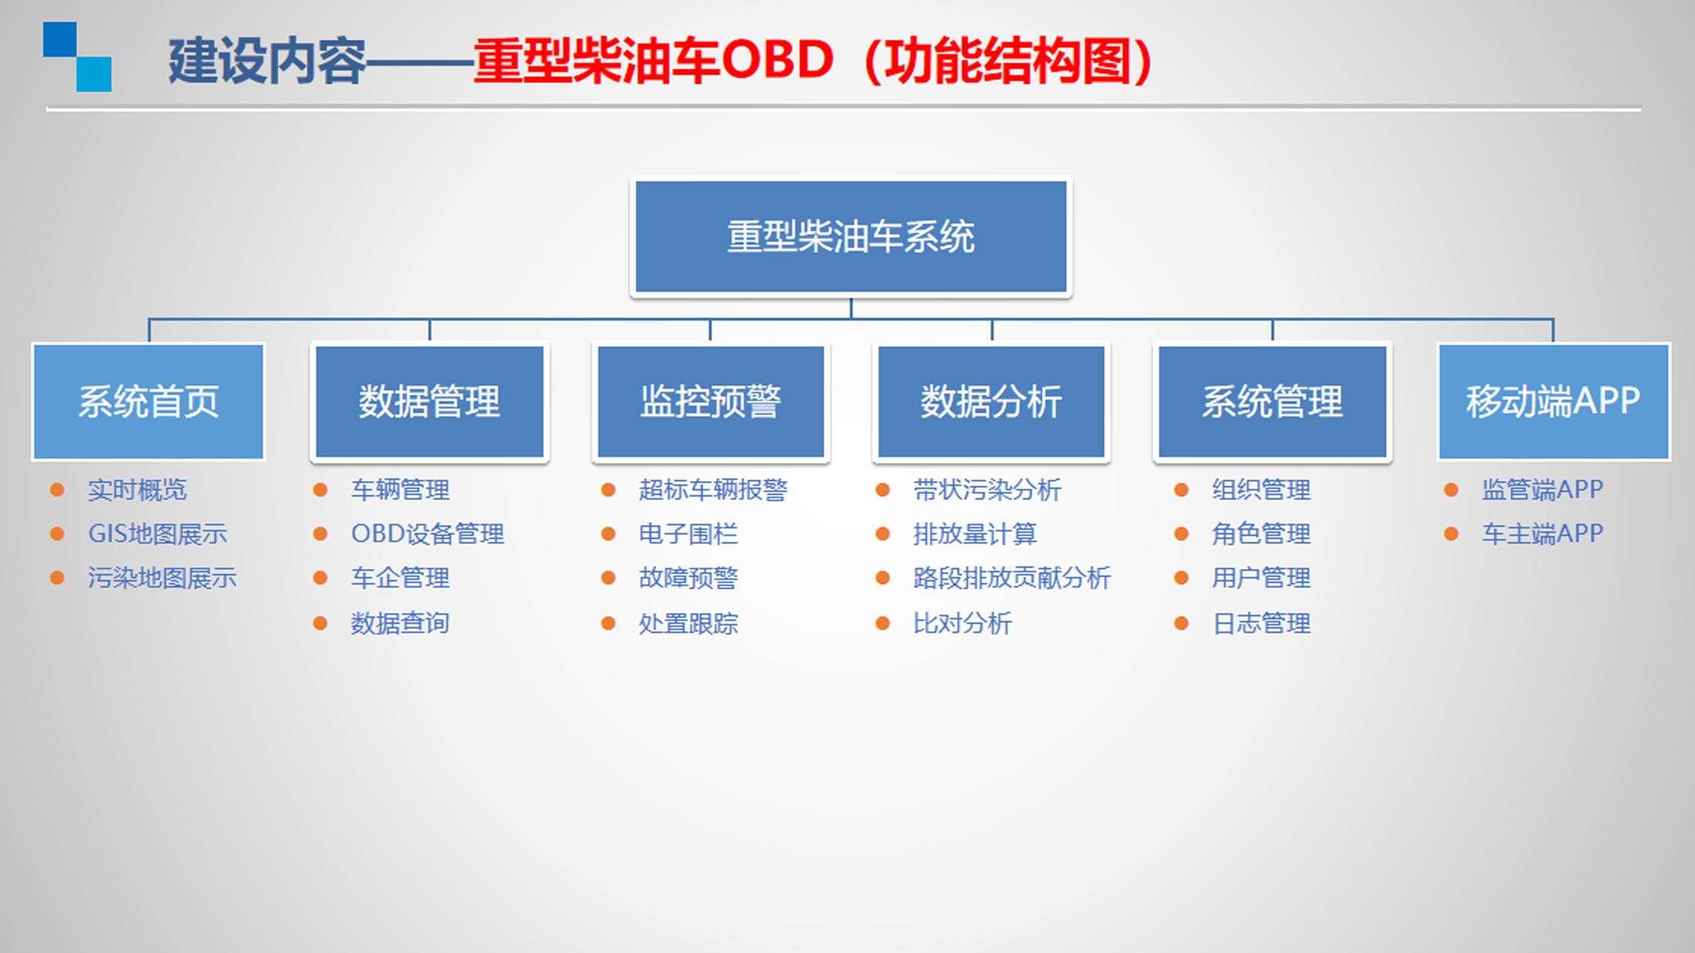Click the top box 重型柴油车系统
point(851,237)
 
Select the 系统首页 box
point(149,401)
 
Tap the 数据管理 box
point(430,401)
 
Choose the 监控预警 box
point(711,401)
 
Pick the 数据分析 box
point(992,401)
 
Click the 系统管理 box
point(1273,401)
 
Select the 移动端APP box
point(1554,401)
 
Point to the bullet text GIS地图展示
point(158,534)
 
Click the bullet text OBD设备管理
point(428,534)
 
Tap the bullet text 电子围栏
point(688,534)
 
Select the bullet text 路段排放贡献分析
point(1012,578)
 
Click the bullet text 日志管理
point(1261,623)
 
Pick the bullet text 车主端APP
point(1542,534)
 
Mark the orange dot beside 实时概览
point(57,490)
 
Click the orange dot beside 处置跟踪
point(609,623)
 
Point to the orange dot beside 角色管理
point(1181,534)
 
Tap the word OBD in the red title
point(778,60)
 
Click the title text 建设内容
point(267,61)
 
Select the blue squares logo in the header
point(77,56)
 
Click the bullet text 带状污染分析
point(987,490)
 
